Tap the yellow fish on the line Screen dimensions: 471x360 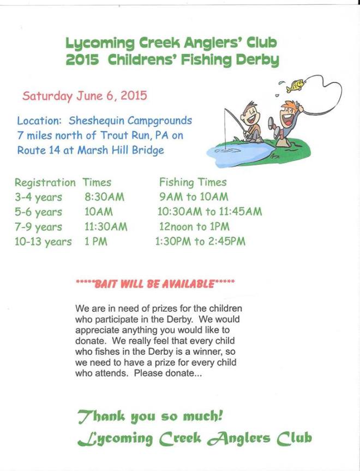296,85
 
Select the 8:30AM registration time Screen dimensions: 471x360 104,197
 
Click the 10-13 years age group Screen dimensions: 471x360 43,242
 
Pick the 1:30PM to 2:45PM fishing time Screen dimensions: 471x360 200,241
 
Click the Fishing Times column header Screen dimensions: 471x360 193,182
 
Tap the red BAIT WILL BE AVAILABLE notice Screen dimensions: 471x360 155,284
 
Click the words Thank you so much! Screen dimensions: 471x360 150,416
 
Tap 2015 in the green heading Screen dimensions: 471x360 82,59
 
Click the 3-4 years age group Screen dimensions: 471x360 38,197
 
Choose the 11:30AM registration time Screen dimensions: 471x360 106,226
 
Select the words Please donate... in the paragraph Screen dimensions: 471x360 167,374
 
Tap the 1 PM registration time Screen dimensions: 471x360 95,241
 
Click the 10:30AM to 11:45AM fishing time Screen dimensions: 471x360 209,212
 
